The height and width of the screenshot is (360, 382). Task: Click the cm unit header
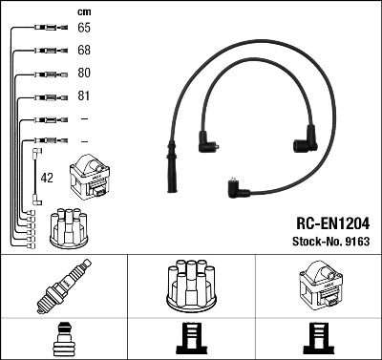(x=83, y=11)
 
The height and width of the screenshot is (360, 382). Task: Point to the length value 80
(x=83, y=74)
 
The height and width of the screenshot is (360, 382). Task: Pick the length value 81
(x=83, y=96)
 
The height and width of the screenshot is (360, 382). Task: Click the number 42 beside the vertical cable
(x=47, y=177)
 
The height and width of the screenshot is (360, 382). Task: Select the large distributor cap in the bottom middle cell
(x=191, y=286)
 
